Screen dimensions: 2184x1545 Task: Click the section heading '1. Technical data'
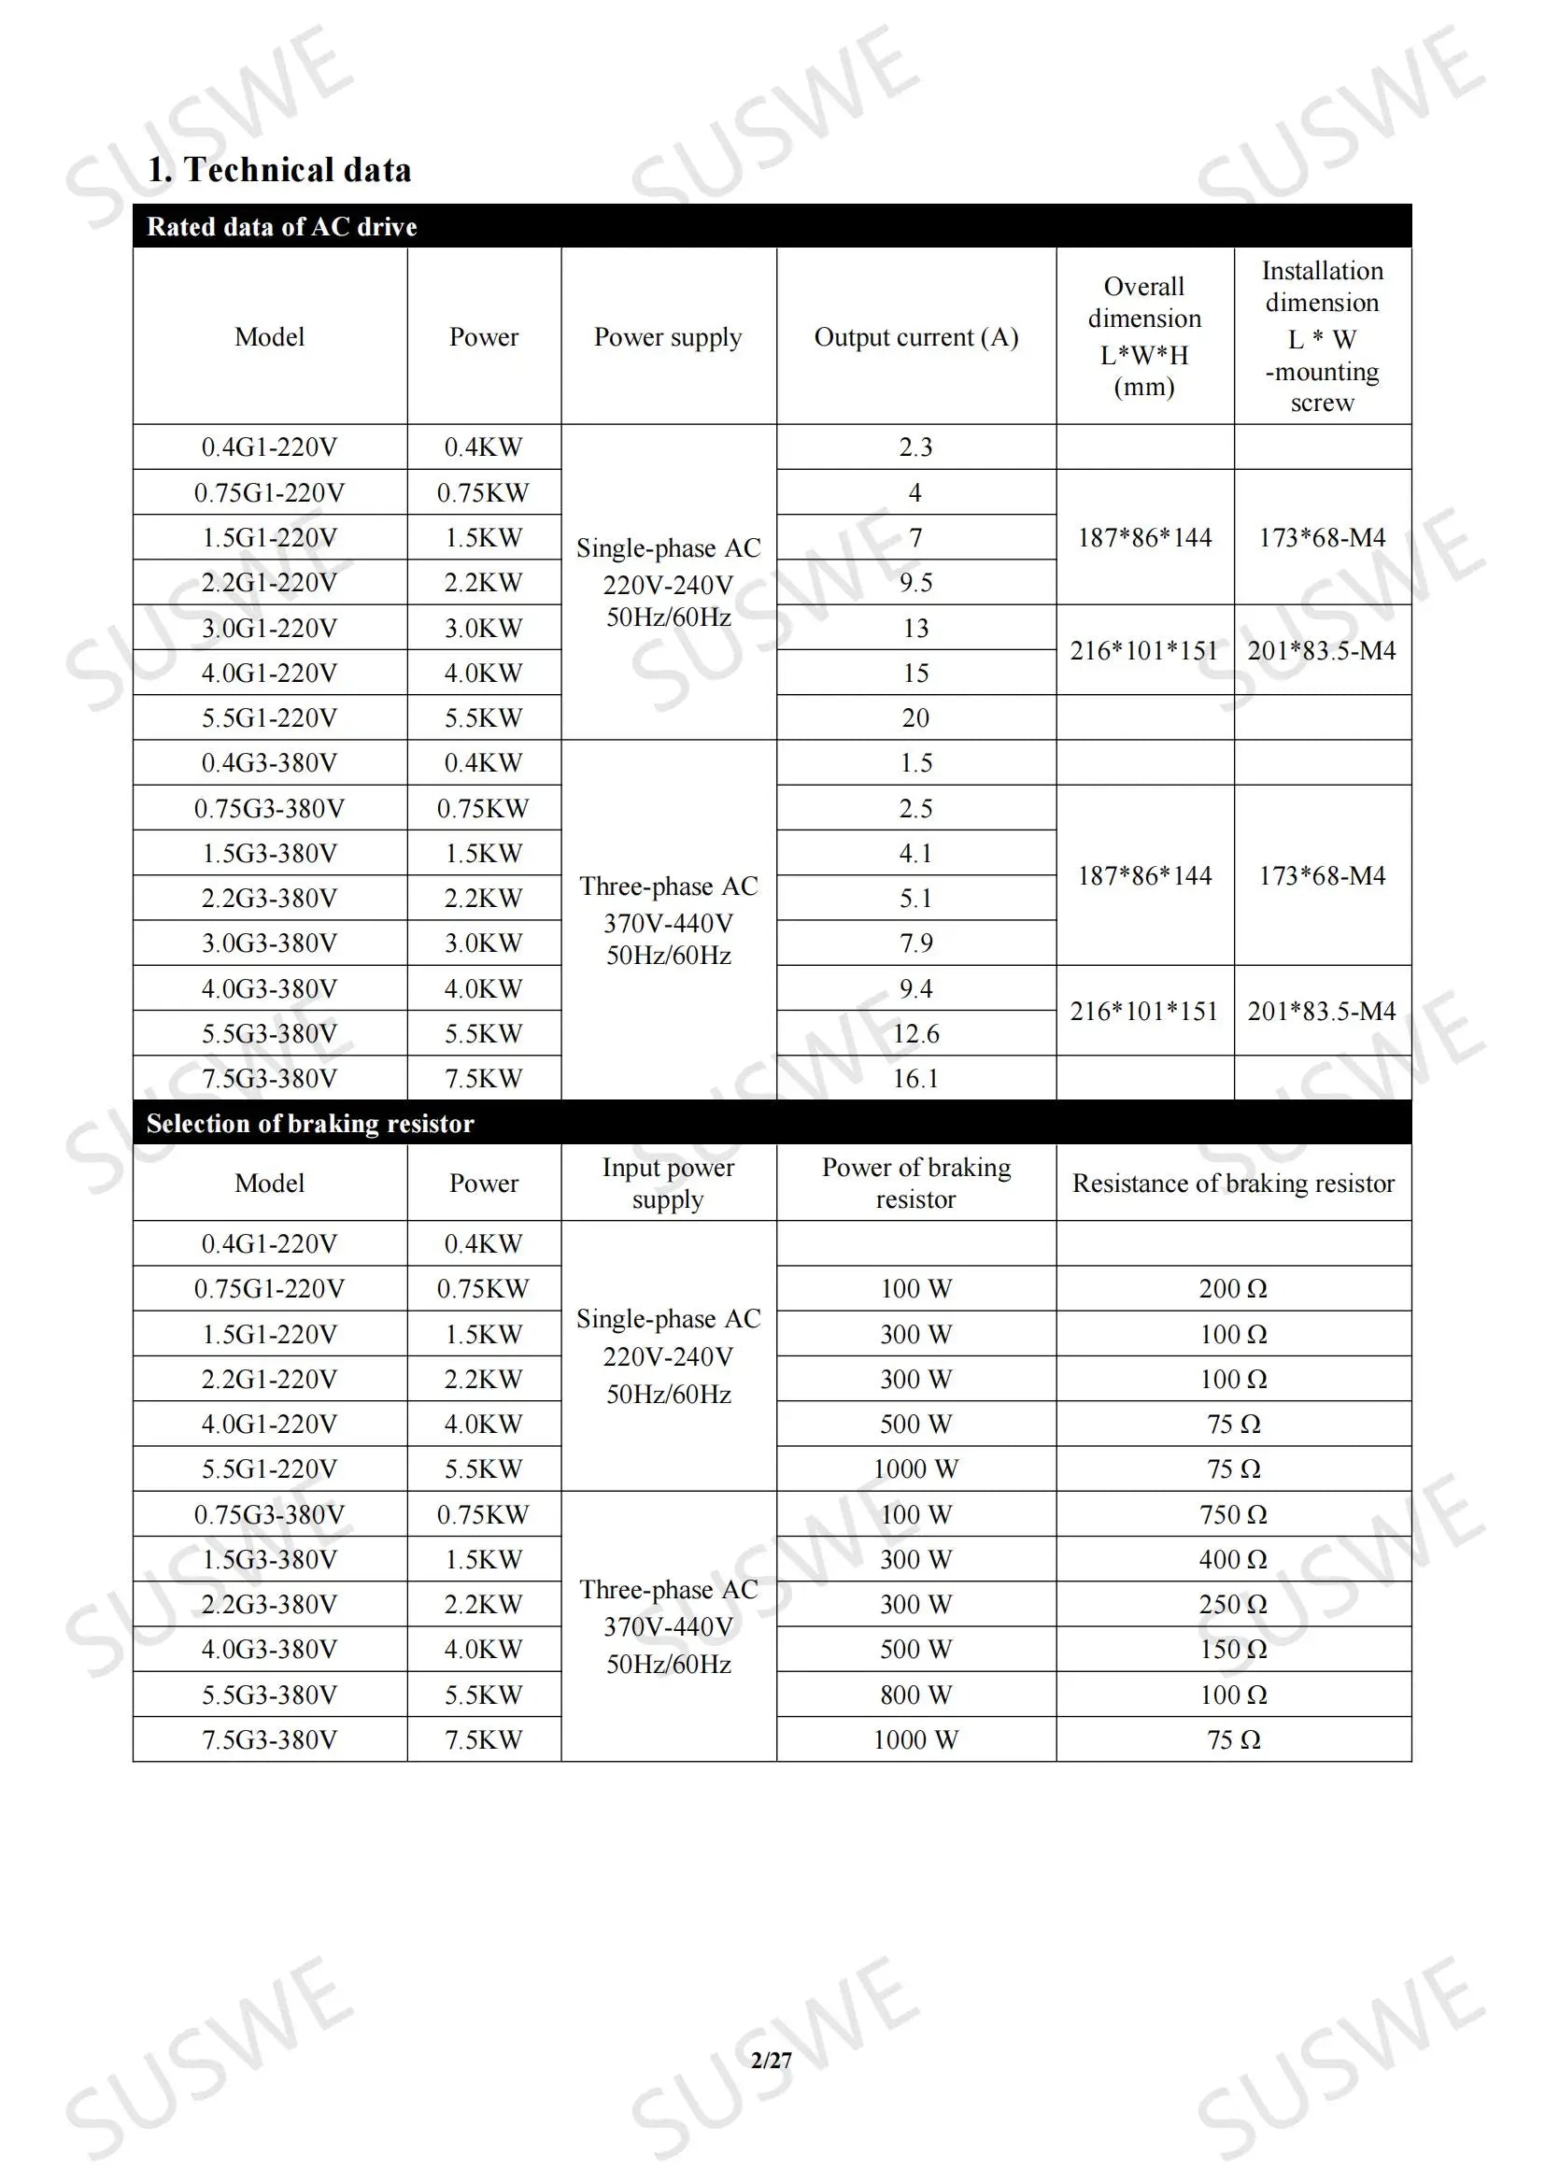point(278,170)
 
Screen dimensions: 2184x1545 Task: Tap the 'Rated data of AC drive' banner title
point(281,226)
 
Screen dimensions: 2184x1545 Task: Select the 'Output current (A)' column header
point(915,336)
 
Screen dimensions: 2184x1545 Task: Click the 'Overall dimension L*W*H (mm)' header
point(1144,335)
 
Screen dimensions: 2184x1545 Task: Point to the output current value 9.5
point(915,582)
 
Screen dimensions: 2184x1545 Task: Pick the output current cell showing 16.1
point(915,1078)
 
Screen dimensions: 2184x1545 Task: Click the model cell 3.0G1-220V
point(269,628)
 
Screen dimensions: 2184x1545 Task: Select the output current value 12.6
point(915,1033)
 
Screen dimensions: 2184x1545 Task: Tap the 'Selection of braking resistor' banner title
point(310,1124)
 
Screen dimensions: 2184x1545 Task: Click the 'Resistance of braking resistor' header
point(1233,1183)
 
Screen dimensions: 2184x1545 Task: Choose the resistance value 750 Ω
point(1233,1513)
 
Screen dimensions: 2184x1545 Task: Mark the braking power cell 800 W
point(915,1695)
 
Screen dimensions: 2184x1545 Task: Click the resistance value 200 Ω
point(1233,1288)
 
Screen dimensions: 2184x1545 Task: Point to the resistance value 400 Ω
point(1233,1559)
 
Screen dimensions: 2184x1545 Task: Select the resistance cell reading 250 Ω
point(1233,1604)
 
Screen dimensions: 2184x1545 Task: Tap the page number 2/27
point(771,2060)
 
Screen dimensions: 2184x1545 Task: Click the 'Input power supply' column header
point(668,1183)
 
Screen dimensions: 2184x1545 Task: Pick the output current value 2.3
point(915,447)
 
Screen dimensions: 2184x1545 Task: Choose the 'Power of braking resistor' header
point(915,1183)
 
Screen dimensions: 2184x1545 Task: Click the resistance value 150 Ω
point(1233,1649)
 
